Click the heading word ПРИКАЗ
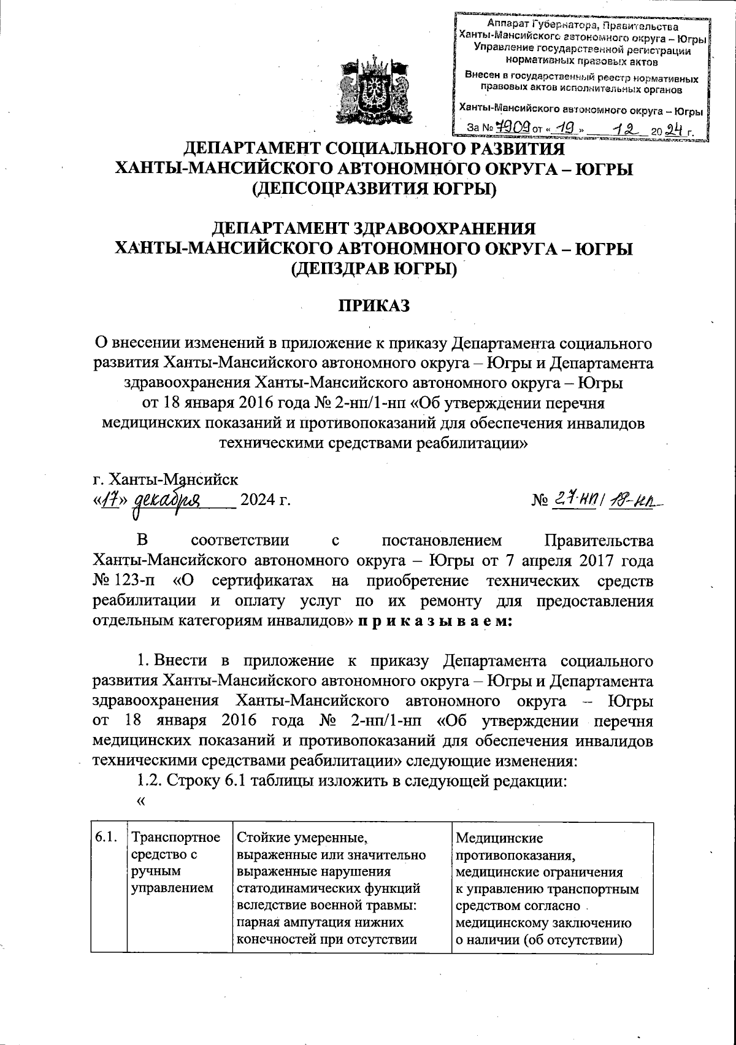374,306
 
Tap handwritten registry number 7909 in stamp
512,128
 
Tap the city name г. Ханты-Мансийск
165,478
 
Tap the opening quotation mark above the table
142,801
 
